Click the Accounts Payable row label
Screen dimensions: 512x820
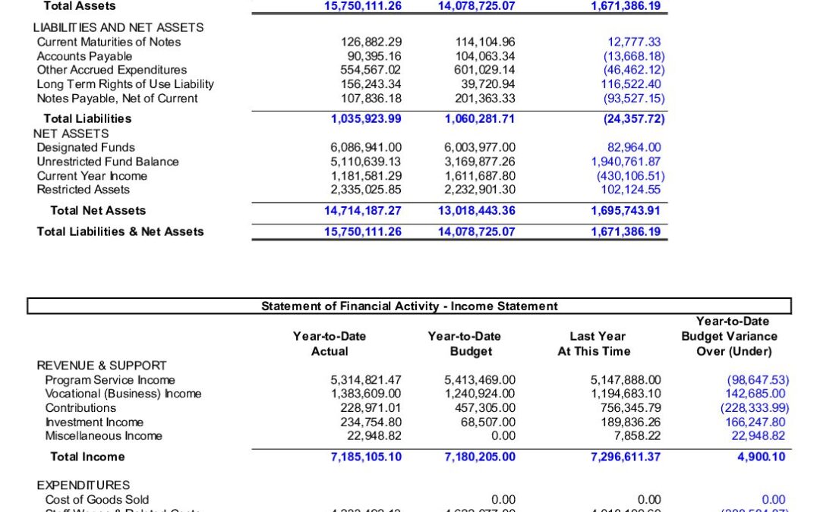(84, 56)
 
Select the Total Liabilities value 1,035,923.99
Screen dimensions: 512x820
(366, 118)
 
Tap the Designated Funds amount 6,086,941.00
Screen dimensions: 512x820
(366, 148)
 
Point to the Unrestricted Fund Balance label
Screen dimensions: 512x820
(108, 162)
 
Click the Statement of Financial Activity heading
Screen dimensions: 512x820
(409, 306)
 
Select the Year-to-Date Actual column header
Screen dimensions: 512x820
(330, 344)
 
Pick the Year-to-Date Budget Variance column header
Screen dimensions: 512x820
(729, 336)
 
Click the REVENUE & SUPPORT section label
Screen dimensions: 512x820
(102, 366)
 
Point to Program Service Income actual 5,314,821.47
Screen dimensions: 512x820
(366, 380)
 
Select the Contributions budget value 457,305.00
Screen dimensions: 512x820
(480, 408)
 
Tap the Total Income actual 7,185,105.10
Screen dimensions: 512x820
(366, 457)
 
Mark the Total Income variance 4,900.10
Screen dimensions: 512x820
(762, 457)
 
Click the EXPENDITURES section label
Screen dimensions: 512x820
(84, 485)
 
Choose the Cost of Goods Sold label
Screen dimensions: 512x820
(97, 499)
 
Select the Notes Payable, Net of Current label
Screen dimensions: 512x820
(118, 99)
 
